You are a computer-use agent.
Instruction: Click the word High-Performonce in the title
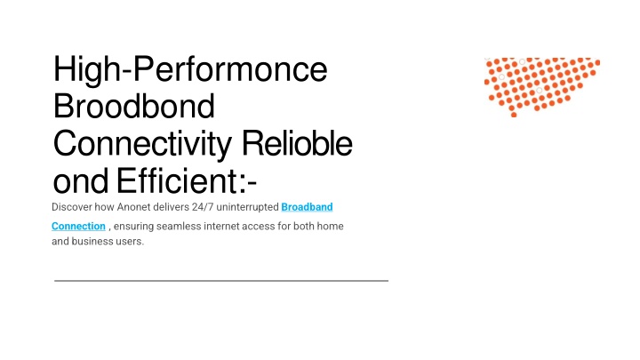click(x=190, y=69)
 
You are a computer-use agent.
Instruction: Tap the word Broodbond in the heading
click(x=134, y=106)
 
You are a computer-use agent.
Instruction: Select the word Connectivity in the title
click(x=142, y=144)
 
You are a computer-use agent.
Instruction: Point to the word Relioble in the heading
click(x=297, y=143)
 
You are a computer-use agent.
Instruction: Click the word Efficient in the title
click(x=177, y=180)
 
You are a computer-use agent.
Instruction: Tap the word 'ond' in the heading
click(x=81, y=180)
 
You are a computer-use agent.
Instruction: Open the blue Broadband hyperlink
click(x=307, y=207)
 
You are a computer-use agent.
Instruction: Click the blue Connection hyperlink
click(x=78, y=226)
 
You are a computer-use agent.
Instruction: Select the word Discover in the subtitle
click(x=72, y=207)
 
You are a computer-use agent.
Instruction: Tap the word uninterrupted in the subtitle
click(x=247, y=207)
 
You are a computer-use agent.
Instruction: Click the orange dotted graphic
click(x=541, y=87)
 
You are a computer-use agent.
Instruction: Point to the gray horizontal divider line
click(x=221, y=281)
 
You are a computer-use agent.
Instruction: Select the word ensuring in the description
click(x=133, y=227)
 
